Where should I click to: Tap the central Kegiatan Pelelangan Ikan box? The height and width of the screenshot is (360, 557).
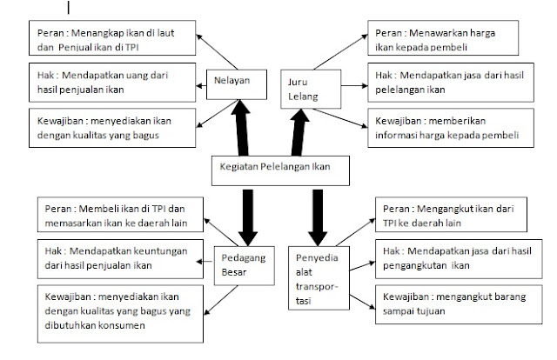click(271, 170)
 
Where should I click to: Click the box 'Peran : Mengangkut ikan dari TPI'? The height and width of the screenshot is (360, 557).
click(443, 215)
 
